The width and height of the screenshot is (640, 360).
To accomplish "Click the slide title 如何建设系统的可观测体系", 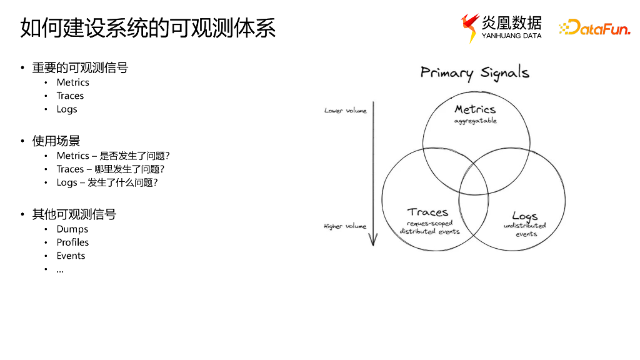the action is coord(148,28).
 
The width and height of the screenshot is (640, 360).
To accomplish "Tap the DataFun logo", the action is coord(594,27).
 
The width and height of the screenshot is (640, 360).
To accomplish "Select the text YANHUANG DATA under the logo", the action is coord(511,36).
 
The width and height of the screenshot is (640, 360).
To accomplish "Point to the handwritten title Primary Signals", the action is coord(475,73).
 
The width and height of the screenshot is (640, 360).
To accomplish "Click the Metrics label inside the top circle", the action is coord(475,110).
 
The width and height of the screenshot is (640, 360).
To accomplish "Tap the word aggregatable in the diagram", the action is coord(476,121).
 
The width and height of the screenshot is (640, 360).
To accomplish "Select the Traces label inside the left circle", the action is coord(428,212).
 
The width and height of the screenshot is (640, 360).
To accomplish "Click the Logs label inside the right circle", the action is coord(525,216).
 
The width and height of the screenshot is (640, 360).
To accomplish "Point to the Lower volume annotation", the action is coord(346,111).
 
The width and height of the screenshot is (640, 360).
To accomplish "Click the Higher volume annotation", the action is coord(345,226).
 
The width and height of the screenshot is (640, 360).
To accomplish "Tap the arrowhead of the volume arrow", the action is coord(373,240).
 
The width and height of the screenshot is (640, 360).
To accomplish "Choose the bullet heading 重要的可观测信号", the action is coord(80,67).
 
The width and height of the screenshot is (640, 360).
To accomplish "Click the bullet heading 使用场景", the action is coord(56,141).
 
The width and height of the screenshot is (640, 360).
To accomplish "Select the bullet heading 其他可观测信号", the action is coord(74,214).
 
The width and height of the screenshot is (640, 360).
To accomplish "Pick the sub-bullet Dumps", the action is coord(72,229).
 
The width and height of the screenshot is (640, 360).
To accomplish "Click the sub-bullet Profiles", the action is coord(72,242).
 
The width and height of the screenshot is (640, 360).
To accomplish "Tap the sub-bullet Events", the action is coord(71,256).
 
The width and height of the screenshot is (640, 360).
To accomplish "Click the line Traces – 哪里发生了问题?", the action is coord(111,169).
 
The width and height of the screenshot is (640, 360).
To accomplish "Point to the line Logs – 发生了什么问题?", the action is coord(107,182).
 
